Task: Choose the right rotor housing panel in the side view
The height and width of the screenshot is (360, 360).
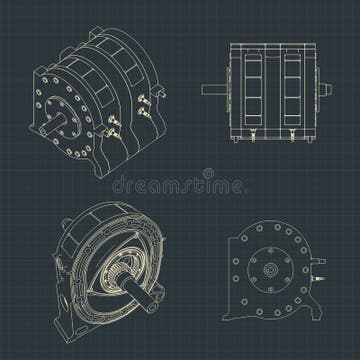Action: coord(295,86)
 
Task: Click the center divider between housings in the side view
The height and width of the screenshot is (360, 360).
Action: coord(273,86)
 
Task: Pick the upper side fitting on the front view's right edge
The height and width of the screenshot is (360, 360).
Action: coord(321,259)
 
